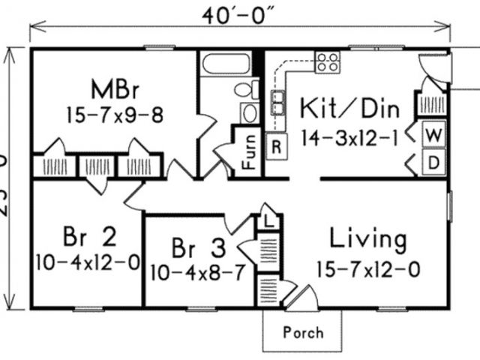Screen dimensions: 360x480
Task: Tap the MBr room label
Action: click(x=113, y=89)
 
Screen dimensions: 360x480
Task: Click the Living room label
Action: click(x=368, y=241)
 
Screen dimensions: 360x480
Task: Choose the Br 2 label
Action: click(x=88, y=238)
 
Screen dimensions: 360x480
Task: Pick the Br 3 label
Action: click(x=197, y=246)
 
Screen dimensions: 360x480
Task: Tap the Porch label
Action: click(x=304, y=331)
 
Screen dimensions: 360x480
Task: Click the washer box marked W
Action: click(x=434, y=136)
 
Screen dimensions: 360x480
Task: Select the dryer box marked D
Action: click(x=434, y=163)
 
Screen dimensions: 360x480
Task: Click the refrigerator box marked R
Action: click(x=277, y=146)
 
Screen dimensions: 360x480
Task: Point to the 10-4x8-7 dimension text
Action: click(x=197, y=271)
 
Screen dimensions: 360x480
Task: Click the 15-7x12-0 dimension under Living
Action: click(x=367, y=268)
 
